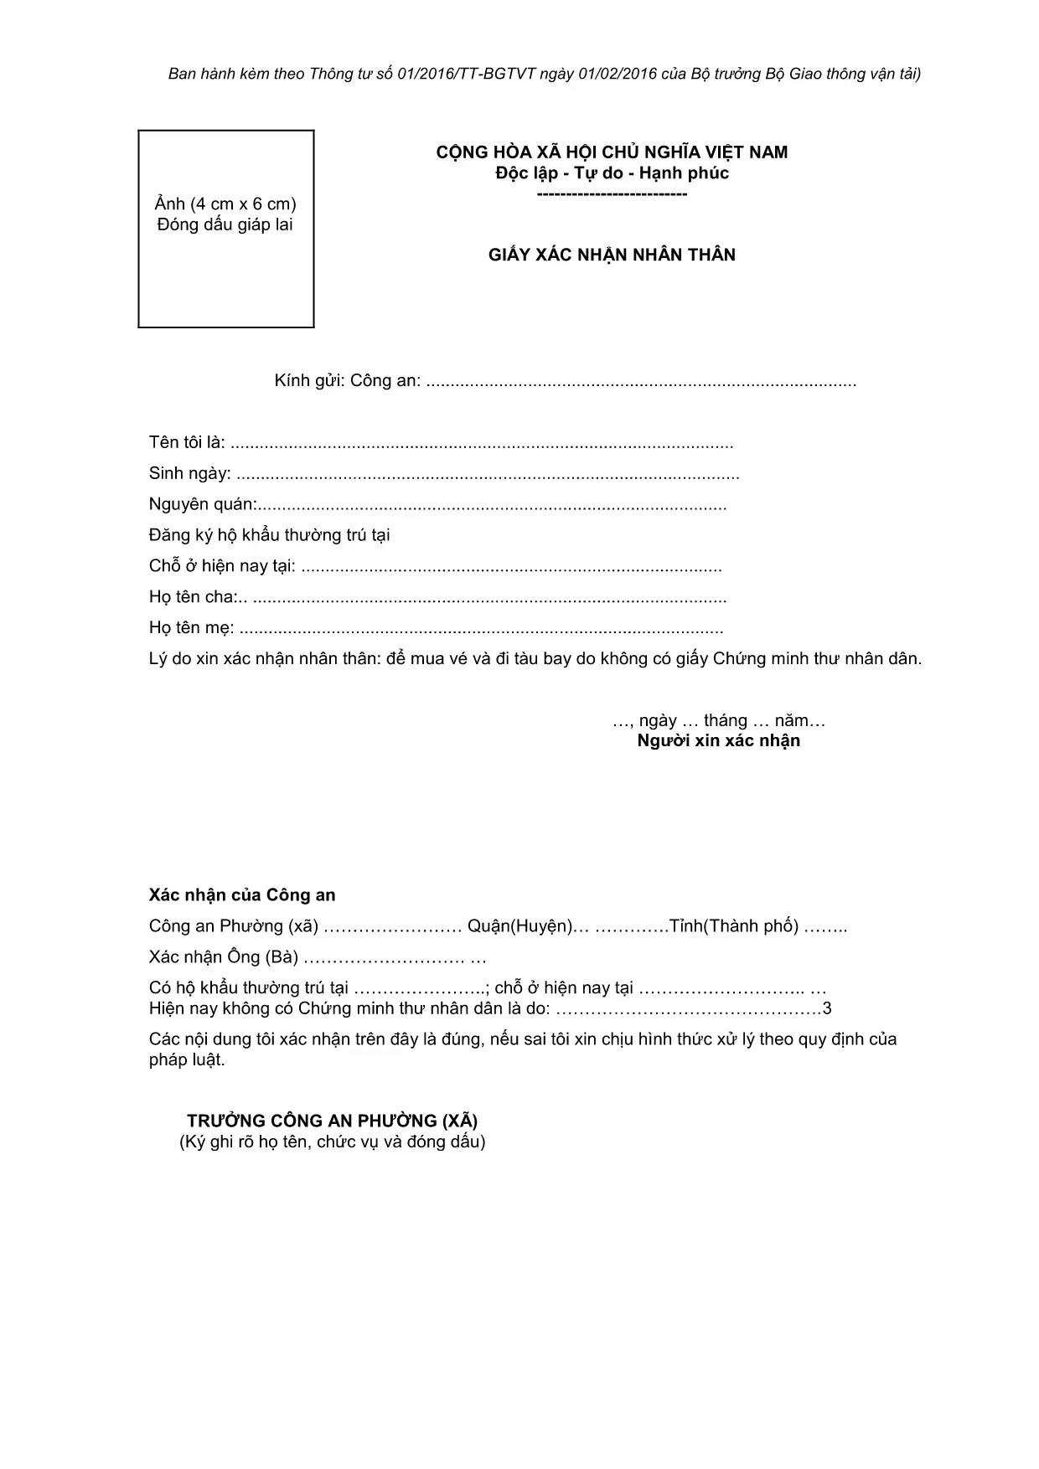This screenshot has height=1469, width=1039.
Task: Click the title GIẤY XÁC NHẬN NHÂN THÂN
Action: (612, 255)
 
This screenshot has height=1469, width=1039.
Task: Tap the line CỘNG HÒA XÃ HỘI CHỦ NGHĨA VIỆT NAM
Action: (612, 152)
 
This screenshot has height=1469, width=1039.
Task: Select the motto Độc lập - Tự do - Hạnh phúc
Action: (612, 173)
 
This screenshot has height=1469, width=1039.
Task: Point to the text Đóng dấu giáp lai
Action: (225, 224)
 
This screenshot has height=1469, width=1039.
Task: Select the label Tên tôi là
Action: (187, 442)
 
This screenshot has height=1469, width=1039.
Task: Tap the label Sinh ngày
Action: (189, 473)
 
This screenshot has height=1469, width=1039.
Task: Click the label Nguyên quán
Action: (202, 504)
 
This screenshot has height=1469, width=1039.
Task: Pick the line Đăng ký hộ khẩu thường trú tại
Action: (269, 535)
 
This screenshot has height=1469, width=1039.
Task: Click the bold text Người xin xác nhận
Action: (718, 740)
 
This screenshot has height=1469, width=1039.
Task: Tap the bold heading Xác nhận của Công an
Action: (242, 895)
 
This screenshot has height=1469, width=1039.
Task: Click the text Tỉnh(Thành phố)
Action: (733, 926)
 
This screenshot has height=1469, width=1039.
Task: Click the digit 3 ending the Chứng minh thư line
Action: (828, 1009)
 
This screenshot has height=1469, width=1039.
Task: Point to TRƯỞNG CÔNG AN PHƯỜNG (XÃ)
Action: (333, 1121)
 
